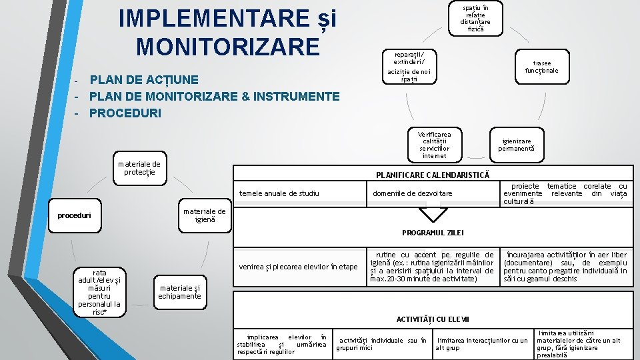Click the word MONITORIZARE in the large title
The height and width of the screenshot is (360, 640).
[x=227, y=47]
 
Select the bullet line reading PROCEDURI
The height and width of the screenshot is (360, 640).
[x=125, y=113]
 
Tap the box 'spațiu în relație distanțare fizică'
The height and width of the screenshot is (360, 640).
[x=476, y=18]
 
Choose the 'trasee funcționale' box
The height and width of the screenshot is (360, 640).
[x=541, y=66]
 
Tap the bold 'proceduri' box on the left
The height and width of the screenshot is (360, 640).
[x=74, y=215]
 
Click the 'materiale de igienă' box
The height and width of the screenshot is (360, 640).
[x=205, y=215]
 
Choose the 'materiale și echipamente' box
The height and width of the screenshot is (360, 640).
[x=179, y=292]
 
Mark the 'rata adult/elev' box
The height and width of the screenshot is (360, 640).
[x=99, y=292]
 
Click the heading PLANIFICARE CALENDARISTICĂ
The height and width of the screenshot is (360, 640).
[x=432, y=175]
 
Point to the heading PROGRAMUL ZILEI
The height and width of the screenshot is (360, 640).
[x=432, y=233]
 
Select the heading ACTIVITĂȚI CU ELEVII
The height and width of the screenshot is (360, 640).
[x=432, y=319]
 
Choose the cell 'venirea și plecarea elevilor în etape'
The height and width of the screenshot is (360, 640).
[x=298, y=267]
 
